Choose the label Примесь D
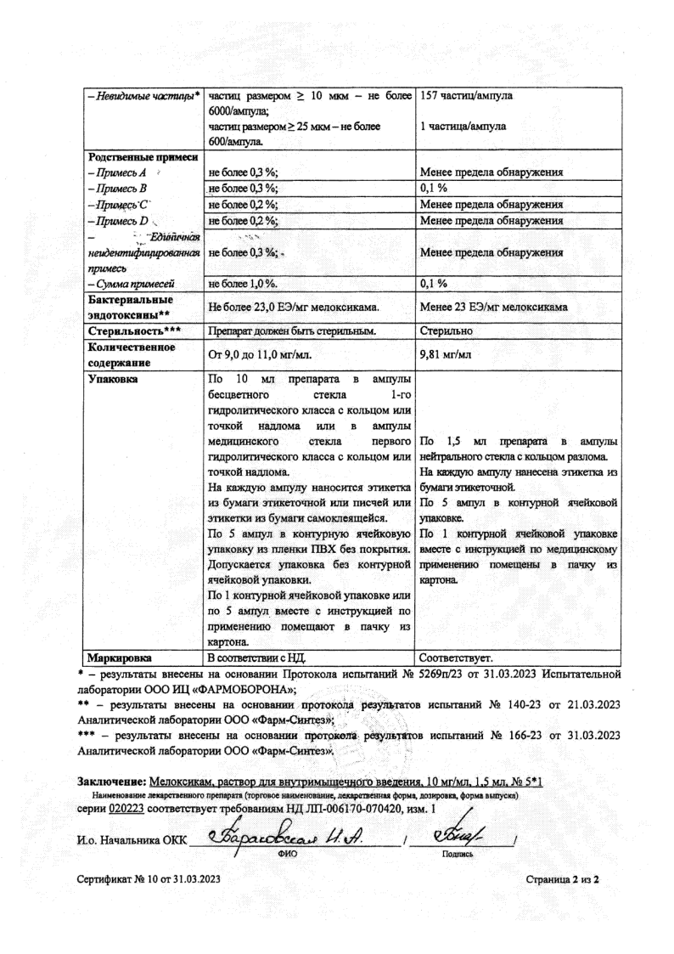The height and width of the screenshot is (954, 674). (118, 220)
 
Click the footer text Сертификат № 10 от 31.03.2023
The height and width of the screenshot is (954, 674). (148, 880)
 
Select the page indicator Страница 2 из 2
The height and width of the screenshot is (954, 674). (562, 880)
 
